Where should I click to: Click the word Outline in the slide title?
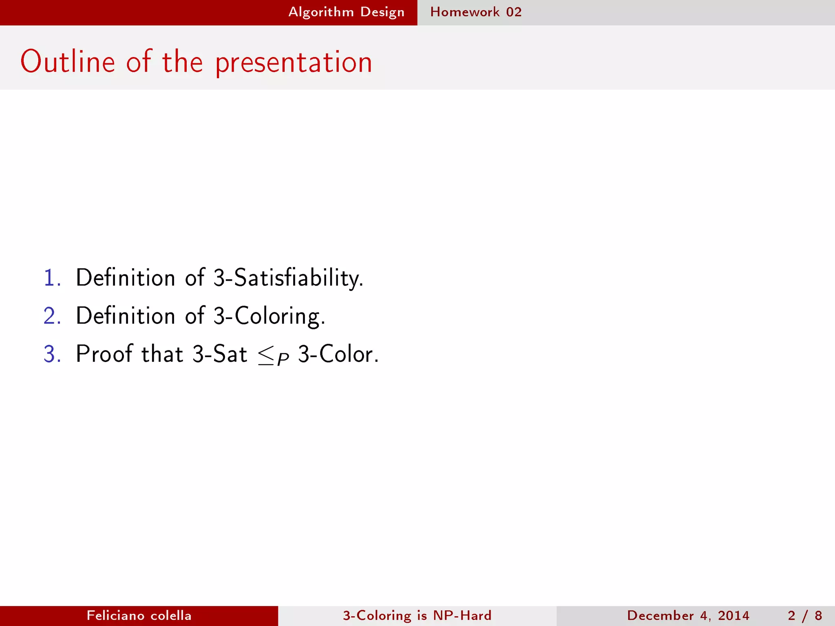[x=68, y=62]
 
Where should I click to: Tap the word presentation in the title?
[x=294, y=63]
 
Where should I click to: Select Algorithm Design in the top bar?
[x=346, y=12]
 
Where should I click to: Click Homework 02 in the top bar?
[x=476, y=12]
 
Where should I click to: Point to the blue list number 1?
[x=51, y=278]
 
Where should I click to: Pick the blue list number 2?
[x=52, y=316]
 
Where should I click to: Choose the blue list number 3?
[x=52, y=354]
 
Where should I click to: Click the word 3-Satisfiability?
[x=288, y=278]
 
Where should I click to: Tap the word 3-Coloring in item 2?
[x=269, y=316]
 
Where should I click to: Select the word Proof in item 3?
[x=104, y=354]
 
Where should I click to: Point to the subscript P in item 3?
[x=283, y=359]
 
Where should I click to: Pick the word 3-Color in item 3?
[x=338, y=354]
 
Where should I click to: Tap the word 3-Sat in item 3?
[x=219, y=354]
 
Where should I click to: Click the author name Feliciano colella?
[x=139, y=615]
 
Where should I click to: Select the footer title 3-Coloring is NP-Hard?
[x=417, y=615]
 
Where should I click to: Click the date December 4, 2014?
[x=688, y=615]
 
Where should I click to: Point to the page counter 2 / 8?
[x=805, y=615]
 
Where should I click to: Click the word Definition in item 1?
[x=126, y=278]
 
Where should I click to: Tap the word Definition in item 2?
[x=126, y=316]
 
